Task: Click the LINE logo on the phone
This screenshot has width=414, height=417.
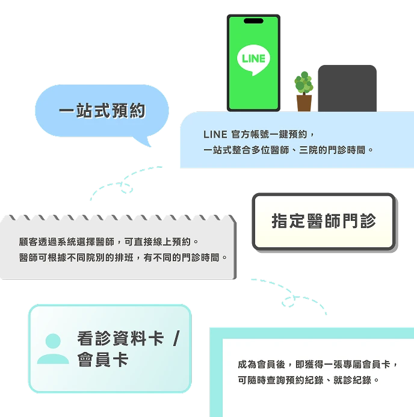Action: tap(253, 60)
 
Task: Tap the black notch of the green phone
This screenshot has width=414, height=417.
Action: tap(253, 20)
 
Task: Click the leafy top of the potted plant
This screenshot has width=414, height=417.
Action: tap(304, 82)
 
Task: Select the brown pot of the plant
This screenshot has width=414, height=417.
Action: tap(304, 103)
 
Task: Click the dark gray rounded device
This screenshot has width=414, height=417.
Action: tap(347, 88)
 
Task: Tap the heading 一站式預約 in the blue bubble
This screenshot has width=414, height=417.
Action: tap(102, 111)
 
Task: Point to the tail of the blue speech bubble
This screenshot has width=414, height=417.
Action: tap(144, 141)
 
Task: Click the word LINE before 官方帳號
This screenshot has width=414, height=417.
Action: tap(215, 135)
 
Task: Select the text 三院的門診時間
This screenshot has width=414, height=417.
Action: tap(332, 150)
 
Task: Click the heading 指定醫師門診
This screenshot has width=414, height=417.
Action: tap(324, 221)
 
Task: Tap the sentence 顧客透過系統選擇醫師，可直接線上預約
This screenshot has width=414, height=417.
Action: tap(105, 242)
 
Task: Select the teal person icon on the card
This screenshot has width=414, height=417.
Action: tap(53, 348)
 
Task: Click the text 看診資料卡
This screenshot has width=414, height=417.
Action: tap(120, 338)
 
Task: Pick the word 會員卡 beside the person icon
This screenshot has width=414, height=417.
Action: tap(103, 360)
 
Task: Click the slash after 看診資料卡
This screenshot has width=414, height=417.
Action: tap(176, 338)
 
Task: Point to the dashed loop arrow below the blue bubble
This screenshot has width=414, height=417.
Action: tap(126, 184)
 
